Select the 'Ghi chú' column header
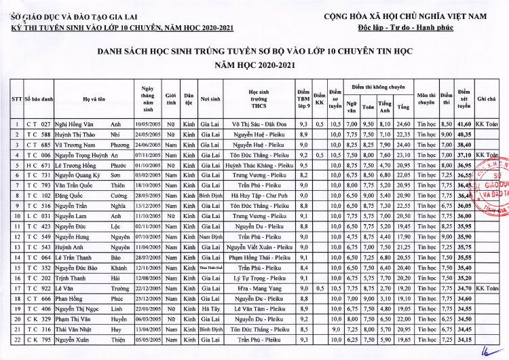486,99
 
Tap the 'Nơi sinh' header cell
210,99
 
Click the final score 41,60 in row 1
464,125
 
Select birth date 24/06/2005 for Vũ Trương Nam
147,145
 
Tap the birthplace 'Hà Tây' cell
210,309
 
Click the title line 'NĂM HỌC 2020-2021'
254,65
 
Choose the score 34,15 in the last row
464,339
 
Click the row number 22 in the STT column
16,339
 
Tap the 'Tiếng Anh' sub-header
385,107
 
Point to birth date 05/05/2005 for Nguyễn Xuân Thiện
147,339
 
